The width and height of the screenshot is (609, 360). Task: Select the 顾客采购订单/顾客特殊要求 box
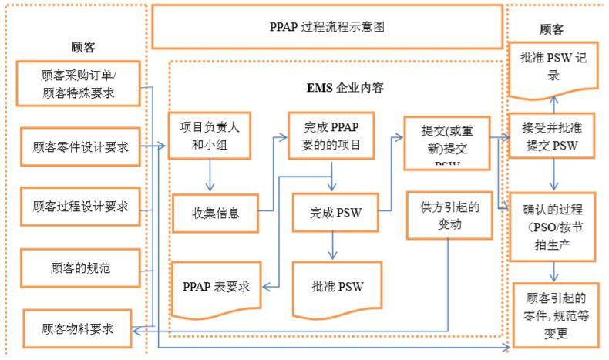pyautogui.click(x=79, y=83)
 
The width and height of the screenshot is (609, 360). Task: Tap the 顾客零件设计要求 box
pyautogui.click(x=80, y=146)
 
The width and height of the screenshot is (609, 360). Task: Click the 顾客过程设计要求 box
pyautogui.click(x=80, y=207)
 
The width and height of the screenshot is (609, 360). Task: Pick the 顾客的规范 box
pyautogui.click(x=80, y=269)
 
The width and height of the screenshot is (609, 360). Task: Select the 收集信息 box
pyautogui.click(x=215, y=214)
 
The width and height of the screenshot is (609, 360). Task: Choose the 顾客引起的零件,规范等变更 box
pyautogui.click(x=556, y=315)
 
